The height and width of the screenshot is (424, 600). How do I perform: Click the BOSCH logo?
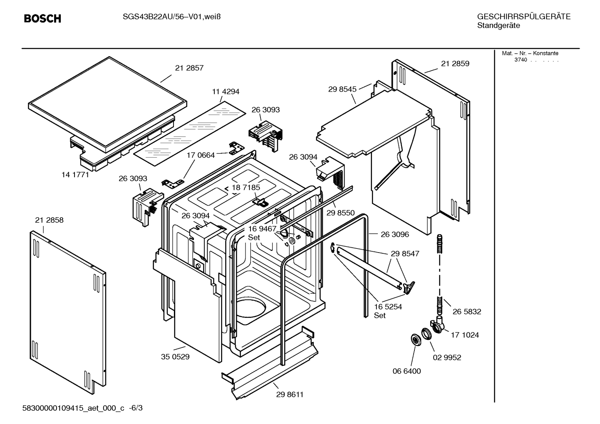(x=42, y=18)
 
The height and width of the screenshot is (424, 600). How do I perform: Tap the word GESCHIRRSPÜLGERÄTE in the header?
(x=524, y=17)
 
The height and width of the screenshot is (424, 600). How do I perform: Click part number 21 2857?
(x=189, y=68)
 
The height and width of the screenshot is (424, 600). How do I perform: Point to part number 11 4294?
(x=226, y=92)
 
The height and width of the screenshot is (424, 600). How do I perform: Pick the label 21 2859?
(x=455, y=64)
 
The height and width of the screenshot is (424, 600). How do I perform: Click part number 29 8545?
(x=342, y=89)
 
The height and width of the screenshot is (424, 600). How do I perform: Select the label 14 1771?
(x=75, y=175)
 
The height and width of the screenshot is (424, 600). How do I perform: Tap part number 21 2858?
(x=49, y=220)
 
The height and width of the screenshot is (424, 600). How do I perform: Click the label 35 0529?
(x=175, y=357)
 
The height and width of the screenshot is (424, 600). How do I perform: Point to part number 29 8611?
(x=290, y=394)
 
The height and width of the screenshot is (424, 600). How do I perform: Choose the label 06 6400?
(x=407, y=371)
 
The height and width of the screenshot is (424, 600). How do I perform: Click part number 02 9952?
(x=447, y=357)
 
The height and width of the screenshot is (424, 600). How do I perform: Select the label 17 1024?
(x=465, y=335)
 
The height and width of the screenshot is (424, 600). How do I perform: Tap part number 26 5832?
(x=467, y=312)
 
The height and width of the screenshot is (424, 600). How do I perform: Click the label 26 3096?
(x=395, y=234)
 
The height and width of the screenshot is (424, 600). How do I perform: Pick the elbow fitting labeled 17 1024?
(x=438, y=325)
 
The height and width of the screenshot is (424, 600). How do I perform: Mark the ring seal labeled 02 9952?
(x=426, y=334)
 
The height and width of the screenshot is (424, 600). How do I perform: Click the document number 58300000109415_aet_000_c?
(x=73, y=408)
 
